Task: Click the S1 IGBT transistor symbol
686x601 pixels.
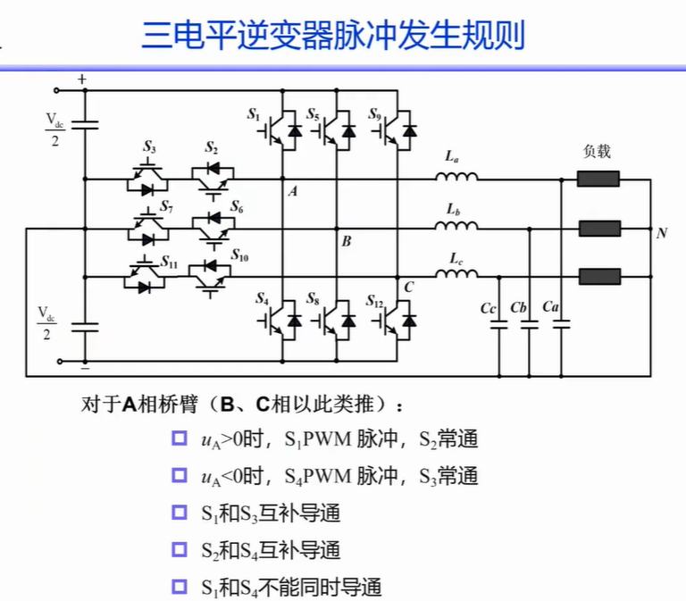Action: click(280, 130)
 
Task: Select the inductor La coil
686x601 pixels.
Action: click(456, 176)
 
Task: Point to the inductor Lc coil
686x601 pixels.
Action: click(456, 273)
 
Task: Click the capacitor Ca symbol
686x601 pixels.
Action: click(561, 324)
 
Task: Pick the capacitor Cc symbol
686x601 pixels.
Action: click(499, 324)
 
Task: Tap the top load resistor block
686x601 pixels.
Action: click(598, 179)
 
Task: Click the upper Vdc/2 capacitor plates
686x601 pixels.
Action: click(85, 126)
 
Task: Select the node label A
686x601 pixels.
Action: click(293, 191)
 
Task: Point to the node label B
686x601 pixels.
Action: click(346, 241)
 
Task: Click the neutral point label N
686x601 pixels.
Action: click(662, 233)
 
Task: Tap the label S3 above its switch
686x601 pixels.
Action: click(149, 147)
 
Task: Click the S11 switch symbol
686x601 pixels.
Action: click(145, 276)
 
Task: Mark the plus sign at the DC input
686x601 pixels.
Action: click(82, 79)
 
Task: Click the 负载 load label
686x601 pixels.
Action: click(597, 151)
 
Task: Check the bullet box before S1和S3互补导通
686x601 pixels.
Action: click(180, 513)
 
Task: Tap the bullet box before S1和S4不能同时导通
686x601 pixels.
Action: click(180, 587)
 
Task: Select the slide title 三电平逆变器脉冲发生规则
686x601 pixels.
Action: click(333, 35)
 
